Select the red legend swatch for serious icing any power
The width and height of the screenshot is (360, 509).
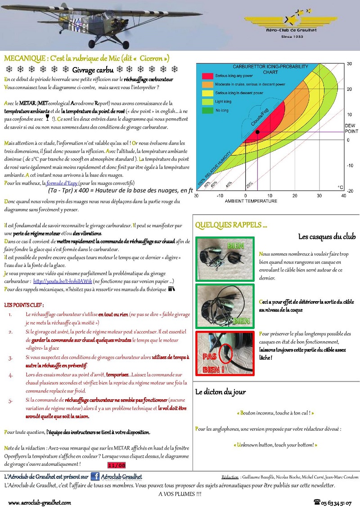pyautogui.click(x=207, y=76)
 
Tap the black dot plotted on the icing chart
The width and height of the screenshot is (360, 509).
pyautogui.click(x=257, y=132)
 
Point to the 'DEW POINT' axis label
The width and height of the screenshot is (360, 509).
pyautogui.click(x=351, y=128)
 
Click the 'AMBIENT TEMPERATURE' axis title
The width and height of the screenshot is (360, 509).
pyautogui.click(x=251, y=201)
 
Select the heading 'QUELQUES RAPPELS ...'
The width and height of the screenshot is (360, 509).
pyautogui.click(x=231, y=225)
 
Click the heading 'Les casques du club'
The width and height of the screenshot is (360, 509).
pyautogui.click(x=327, y=237)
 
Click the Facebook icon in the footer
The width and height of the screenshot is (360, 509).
pyautogui.click(x=95, y=477)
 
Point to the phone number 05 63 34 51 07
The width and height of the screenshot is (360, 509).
pyautogui.click(x=333, y=502)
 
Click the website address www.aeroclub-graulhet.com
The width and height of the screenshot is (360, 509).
pyautogui.click(x=40, y=502)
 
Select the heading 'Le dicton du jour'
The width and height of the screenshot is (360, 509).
pyautogui.click(x=220, y=392)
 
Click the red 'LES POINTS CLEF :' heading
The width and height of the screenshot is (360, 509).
pyautogui.click(x=24, y=305)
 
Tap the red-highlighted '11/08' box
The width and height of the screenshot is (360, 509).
pyautogui.click(x=117, y=465)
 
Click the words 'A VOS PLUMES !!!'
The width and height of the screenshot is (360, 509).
pyautogui.click(x=180, y=494)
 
